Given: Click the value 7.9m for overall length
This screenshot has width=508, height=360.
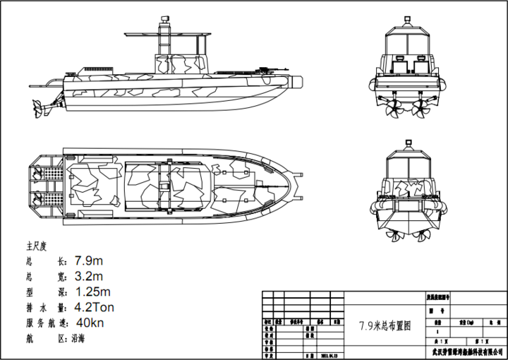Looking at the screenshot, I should coord(89,260).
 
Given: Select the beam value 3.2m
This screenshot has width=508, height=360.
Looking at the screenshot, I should coord(89,276).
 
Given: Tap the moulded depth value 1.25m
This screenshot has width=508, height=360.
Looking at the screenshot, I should coord(92,292).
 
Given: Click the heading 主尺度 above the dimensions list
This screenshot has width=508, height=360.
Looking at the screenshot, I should coord(36,246).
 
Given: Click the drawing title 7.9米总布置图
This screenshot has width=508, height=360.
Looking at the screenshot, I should coord(384,326).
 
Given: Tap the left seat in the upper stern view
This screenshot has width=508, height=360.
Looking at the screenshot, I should coord(398,66).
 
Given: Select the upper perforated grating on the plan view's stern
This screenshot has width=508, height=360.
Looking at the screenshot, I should coord(49,174).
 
